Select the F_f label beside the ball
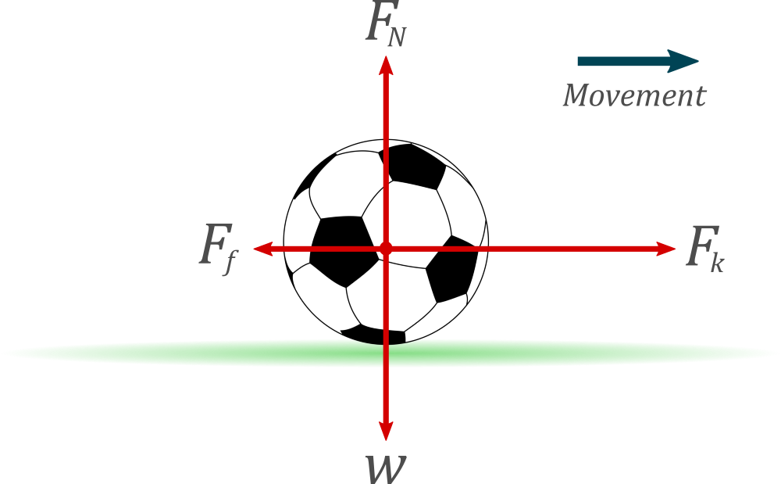pyautogui.click(x=218, y=249)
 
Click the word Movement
pyautogui.click(x=634, y=96)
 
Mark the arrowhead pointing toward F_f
pyautogui.click(x=261, y=249)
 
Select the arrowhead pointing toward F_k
pyautogui.click(x=667, y=249)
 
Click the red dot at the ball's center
pyautogui.click(x=385, y=249)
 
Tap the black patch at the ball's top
pyautogui.click(x=412, y=166)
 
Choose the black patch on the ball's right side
pyautogui.click(x=453, y=270)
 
